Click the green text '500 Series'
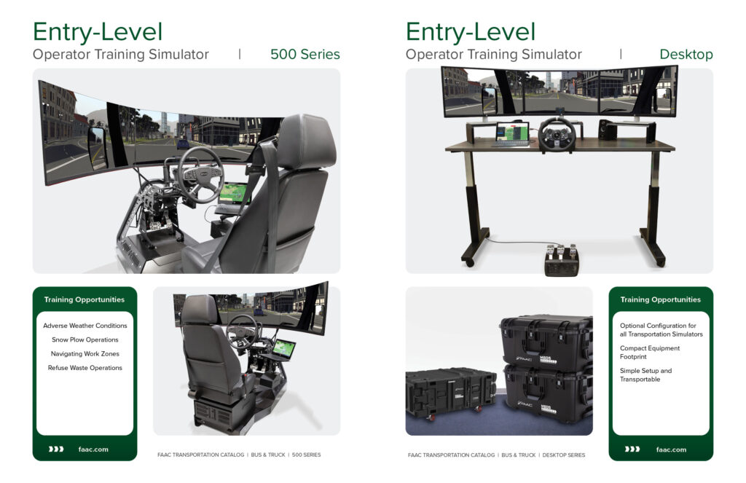click(305, 54)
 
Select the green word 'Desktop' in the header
click(686, 54)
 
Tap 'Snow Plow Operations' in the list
click(85, 339)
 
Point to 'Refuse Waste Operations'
click(85, 368)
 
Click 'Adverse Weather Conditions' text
click(85, 326)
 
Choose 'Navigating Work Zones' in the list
click(85, 353)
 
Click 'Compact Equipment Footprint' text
click(649, 352)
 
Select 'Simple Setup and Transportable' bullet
click(645, 375)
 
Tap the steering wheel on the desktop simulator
click(557, 135)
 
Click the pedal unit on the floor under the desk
click(562, 260)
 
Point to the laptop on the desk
click(512, 134)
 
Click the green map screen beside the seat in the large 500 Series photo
click(234, 193)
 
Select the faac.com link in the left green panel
click(93, 449)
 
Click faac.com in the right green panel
click(671, 449)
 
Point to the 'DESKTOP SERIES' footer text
click(564, 455)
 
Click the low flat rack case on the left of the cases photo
click(450, 393)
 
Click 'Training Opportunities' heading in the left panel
click(85, 299)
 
